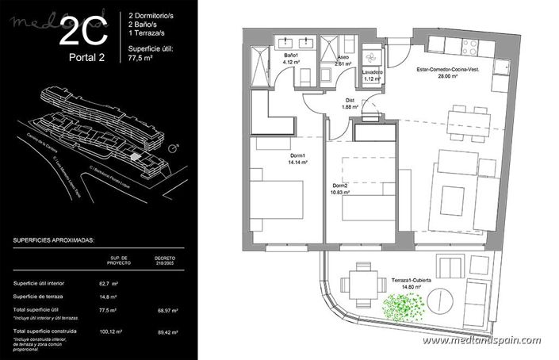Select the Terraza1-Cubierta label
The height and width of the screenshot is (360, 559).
coord(411,285)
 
